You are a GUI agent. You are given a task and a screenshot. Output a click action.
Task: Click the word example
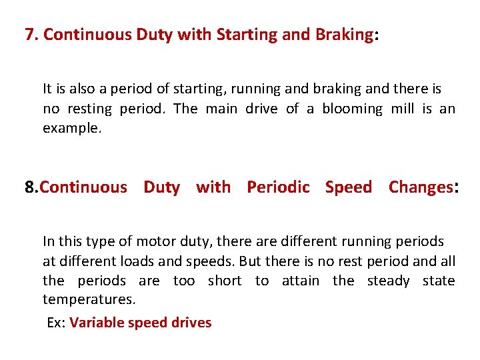[72, 128]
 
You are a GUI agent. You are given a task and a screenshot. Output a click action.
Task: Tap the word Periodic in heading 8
[278, 187]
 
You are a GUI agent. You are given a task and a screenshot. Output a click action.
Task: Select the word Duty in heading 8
[161, 187]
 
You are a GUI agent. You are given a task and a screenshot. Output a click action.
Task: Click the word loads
[143, 261]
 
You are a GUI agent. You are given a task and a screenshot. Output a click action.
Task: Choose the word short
[225, 281]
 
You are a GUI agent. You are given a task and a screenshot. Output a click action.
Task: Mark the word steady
[389, 281]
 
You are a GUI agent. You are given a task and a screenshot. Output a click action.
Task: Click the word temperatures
[89, 300]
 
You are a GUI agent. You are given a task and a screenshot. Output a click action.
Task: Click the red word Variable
[93, 323]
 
